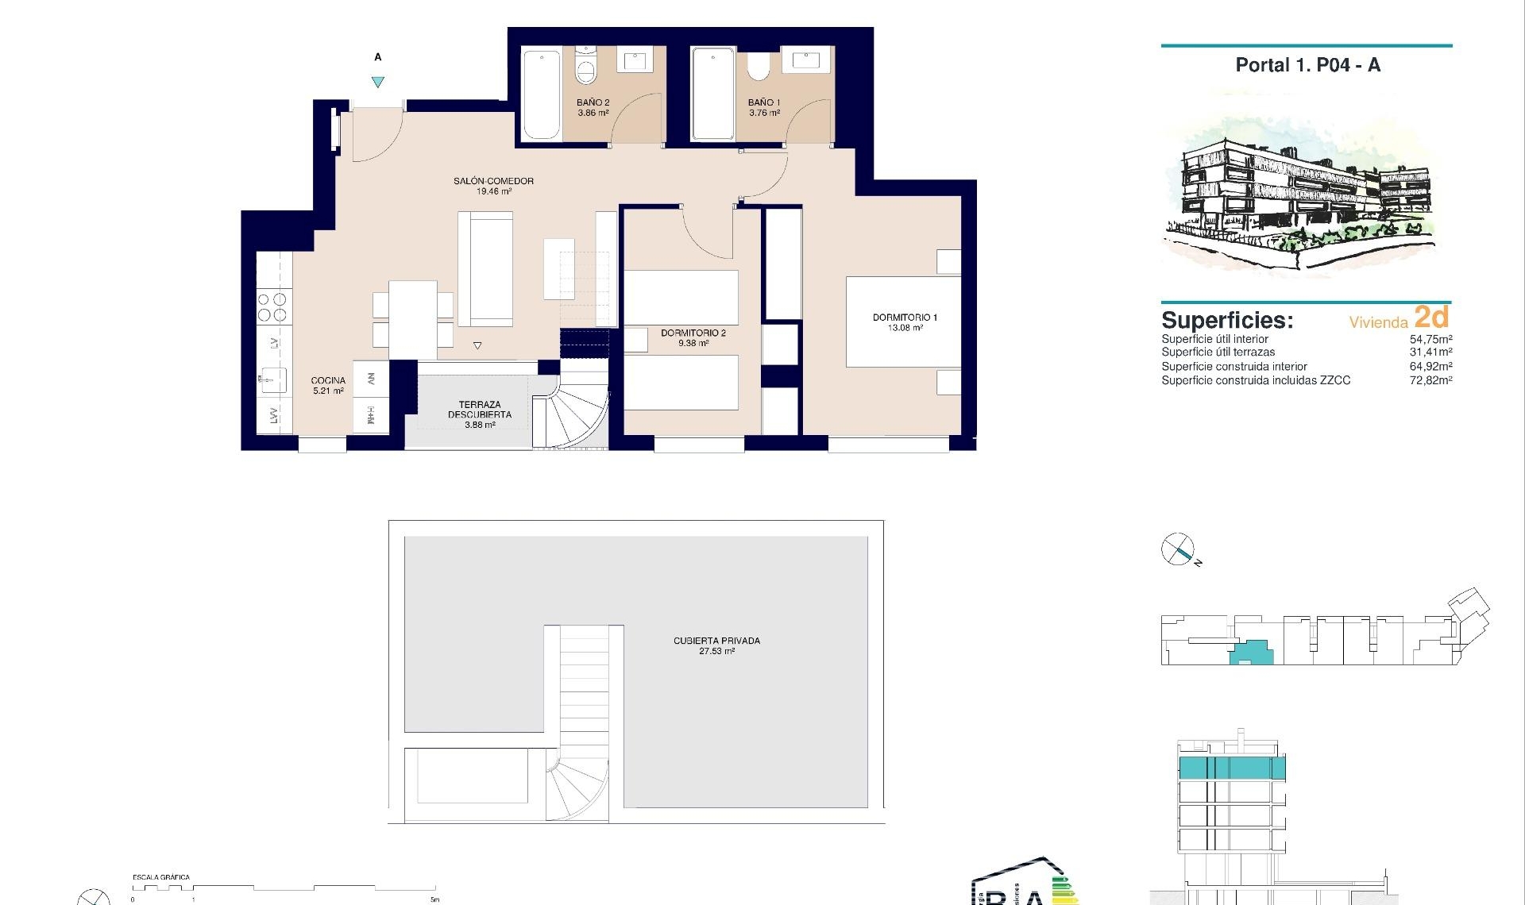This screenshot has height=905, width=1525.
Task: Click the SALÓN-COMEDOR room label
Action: pyautogui.click(x=493, y=181)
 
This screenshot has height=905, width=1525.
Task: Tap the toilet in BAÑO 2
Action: pyautogui.click(x=585, y=68)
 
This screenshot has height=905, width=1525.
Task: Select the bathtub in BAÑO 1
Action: pyautogui.click(x=712, y=94)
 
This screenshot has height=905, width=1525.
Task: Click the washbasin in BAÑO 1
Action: pyautogui.click(x=805, y=60)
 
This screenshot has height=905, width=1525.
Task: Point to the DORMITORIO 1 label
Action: pyautogui.click(x=905, y=318)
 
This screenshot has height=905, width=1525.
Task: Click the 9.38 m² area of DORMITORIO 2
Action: pyautogui.click(x=693, y=344)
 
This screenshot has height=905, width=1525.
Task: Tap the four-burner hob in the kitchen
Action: pyautogui.click(x=272, y=306)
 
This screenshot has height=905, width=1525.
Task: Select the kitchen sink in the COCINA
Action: pyautogui.click(x=272, y=379)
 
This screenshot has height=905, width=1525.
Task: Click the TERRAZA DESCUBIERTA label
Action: pyautogui.click(x=480, y=410)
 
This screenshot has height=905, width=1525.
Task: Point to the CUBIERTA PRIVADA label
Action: pyautogui.click(x=716, y=641)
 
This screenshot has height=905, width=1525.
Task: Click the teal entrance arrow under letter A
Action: pyautogui.click(x=378, y=82)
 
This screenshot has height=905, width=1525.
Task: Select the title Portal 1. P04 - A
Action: pyautogui.click(x=1307, y=65)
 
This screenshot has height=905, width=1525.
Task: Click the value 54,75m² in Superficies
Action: pyautogui.click(x=1430, y=339)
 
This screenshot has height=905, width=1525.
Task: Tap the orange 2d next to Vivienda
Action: pyautogui.click(x=1431, y=317)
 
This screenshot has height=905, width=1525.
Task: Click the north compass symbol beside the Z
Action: pyautogui.click(x=1177, y=549)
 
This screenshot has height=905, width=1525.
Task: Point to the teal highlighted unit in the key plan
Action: pyautogui.click(x=1251, y=653)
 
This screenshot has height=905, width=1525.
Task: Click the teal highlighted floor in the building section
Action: pyautogui.click(x=1231, y=768)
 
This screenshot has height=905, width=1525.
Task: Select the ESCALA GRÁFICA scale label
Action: pyautogui.click(x=161, y=877)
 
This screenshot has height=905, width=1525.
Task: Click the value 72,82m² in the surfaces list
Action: pyautogui.click(x=1430, y=380)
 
